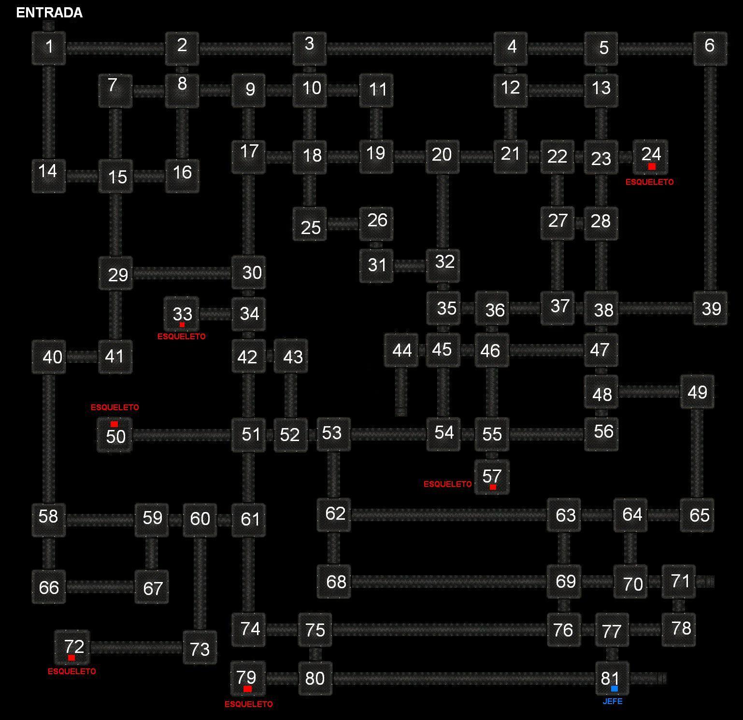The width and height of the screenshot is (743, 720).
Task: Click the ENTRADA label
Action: tap(49, 13)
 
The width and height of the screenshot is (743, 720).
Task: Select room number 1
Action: tap(49, 48)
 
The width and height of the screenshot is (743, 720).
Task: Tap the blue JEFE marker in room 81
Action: tap(614, 689)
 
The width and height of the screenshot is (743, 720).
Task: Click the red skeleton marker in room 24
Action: tap(652, 166)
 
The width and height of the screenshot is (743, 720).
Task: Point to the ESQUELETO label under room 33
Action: tap(181, 336)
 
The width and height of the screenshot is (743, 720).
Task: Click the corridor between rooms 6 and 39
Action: tap(710, 179)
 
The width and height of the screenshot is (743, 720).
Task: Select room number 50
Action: tap(115, 435)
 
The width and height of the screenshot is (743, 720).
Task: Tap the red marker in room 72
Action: tap(71, 658)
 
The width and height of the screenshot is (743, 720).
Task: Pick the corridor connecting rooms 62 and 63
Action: tap(449, 515)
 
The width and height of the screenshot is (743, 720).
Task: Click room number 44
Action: tap(401, 350)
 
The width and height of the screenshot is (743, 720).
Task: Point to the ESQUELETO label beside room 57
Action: tap(447, 484)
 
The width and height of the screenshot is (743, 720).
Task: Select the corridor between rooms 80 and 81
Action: tap(464, 678)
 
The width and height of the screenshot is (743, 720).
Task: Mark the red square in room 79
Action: tap(247, 689)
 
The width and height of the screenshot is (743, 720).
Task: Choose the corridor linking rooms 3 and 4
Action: tap(410, 48)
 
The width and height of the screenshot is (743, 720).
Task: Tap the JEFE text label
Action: tap(612, 701)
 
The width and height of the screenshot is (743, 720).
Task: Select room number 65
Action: tap(697, 515)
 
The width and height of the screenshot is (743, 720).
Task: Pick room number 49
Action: tap(697, 392)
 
